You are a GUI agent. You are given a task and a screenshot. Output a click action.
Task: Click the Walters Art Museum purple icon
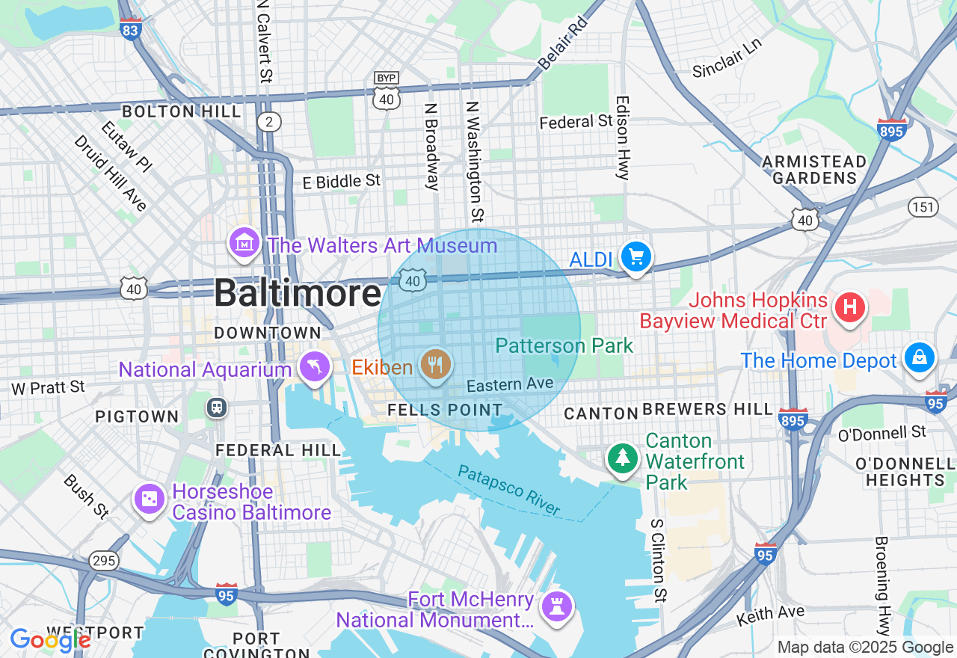(x=244, y=243)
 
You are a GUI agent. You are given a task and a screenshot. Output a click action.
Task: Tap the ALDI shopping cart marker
(x=636, y=257)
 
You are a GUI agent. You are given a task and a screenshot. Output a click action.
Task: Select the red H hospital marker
(x=849, y=307)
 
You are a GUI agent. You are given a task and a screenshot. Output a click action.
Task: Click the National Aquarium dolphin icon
(x=315, y=366)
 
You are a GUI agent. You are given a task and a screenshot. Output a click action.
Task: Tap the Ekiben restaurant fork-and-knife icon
(x=435, y=365)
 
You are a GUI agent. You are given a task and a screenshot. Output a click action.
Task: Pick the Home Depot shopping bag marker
(x=919, y=357)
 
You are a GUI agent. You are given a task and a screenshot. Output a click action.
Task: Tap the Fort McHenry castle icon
(x=557, y=605)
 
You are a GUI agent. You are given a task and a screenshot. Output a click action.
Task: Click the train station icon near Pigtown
(x=218, y=408)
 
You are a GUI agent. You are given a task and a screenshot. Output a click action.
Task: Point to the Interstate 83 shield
(x=130, y=28)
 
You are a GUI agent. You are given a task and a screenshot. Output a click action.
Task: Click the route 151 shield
(x=923, y=207)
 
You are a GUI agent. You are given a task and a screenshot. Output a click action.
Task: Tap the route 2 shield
(x=269, y=122)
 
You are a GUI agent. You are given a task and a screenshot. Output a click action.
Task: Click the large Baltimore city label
(x=298, y=293)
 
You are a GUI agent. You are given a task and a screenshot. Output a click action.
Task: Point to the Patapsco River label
(x=508, y=491)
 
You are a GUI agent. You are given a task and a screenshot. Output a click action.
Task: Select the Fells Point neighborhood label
(x=445, y=410)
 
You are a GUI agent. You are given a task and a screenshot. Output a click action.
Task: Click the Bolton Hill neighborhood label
(x=182, y=111)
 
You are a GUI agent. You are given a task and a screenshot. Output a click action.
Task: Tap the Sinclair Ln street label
(x=727, y=57)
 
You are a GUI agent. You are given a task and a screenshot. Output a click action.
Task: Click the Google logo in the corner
(x=50, y=639)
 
